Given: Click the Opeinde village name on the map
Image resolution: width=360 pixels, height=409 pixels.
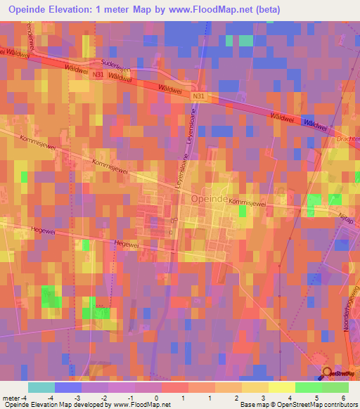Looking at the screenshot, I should (x=209, y=200).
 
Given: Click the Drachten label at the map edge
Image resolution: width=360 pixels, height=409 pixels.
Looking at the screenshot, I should (x=349, y=138).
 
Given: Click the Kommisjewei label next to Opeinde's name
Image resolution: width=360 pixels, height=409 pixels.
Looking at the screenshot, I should (x=250, y=202).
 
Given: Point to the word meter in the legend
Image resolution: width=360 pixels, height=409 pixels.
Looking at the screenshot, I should (x=11, y=398).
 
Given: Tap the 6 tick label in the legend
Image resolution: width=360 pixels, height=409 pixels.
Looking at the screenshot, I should (x=345, y=398).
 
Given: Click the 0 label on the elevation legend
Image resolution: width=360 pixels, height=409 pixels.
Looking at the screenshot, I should (x=155, y=398).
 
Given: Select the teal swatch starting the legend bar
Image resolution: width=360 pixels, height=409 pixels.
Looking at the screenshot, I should (x=41, y=387).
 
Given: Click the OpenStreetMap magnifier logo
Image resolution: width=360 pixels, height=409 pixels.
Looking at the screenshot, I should (x=327, y=374).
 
